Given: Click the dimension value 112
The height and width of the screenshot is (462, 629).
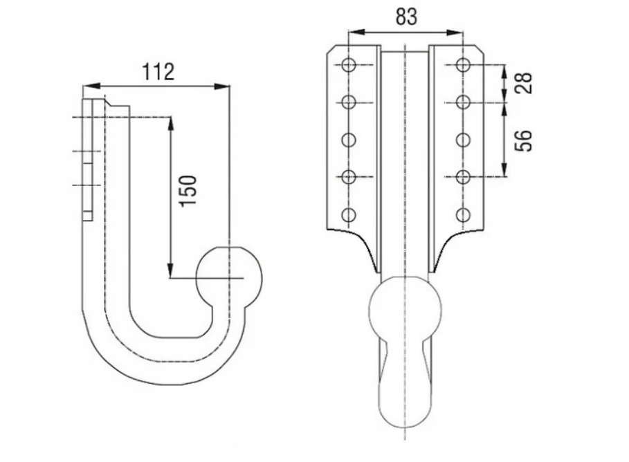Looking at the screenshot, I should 158,71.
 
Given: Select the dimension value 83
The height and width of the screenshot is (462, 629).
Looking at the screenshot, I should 406,17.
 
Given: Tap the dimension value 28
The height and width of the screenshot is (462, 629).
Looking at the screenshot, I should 524,83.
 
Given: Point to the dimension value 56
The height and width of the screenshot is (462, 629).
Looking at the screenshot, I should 524,140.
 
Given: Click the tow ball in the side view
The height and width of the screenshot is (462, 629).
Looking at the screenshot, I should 230,278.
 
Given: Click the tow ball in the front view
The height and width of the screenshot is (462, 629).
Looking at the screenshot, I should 405,308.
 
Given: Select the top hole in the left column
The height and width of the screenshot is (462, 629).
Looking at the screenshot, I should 349,65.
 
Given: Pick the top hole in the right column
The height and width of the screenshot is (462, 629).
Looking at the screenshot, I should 463,65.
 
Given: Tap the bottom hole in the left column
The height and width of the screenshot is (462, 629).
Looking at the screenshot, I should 349,214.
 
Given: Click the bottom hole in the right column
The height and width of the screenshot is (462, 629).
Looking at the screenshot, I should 463,214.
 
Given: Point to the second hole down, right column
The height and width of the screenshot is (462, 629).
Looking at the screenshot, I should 463,102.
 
